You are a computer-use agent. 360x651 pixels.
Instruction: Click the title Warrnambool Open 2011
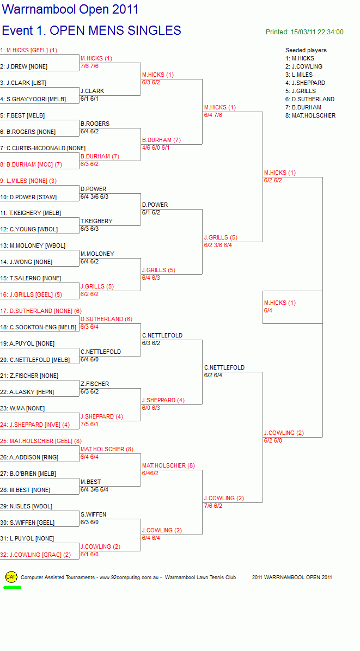click(70, 10)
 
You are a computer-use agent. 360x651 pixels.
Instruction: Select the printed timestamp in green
click(304, 32)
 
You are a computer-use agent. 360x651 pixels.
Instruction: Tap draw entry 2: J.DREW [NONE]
click(23, 66)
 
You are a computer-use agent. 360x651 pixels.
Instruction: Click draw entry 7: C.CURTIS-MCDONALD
click(43, 148)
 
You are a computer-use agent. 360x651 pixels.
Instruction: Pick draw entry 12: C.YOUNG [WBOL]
click(29, 229)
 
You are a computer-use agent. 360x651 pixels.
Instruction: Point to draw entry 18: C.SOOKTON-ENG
click(38, 327)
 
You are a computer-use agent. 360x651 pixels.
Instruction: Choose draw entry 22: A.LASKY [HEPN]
click(27, 392)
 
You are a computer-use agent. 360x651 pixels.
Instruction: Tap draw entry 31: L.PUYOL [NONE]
click(27, 538)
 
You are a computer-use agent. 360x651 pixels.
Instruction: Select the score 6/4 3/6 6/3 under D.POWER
click(94, 197)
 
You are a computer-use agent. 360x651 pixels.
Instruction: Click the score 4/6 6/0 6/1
click(156, 148)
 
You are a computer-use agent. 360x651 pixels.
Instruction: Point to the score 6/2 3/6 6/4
click(218, 245)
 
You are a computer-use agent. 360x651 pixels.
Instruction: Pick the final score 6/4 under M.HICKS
click(269, 311)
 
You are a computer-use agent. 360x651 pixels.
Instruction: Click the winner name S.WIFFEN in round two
click(94, 514)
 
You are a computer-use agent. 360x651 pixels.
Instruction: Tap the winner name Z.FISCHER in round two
click(95, 384)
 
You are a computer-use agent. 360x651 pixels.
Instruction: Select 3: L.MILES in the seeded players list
click(299, 75)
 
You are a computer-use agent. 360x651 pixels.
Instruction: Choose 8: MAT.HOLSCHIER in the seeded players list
click(310, 115)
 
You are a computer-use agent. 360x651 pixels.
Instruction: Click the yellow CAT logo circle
click(11, 576)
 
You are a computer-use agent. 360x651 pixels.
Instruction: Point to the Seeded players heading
click(306, 50)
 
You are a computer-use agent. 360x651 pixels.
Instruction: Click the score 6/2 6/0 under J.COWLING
click(273, 440)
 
